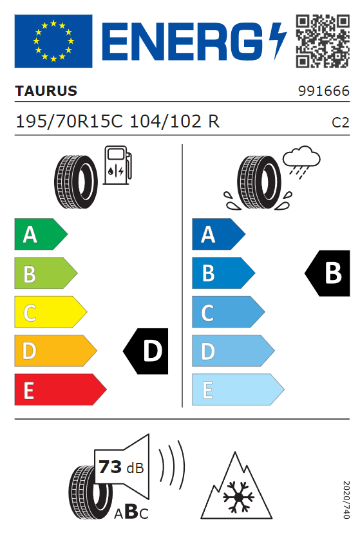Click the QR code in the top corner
[323, 41]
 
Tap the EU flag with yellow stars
[53, 41]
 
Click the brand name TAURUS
[46, 91]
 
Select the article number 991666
[323, 91]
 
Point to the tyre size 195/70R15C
[70, 122]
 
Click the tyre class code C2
[340, 122]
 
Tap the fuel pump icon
[117, 165]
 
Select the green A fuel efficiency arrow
[41, 234]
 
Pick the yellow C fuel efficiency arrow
[50, 312]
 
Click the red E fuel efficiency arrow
[61, 389]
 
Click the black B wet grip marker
[327, 273]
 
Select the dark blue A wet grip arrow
[218, 234]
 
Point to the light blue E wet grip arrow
[238, 389]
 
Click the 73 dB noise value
[121, 467]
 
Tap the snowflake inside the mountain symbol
[238, 497]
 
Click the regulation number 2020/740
[346, 499]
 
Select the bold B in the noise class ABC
[131, 512]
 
